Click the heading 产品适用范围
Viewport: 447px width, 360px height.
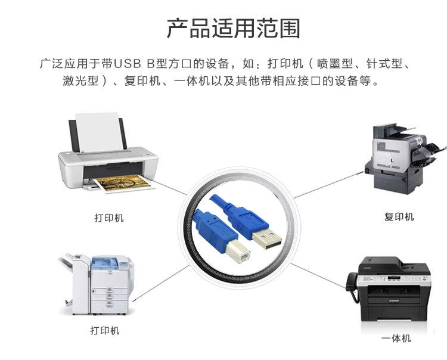[232, 29]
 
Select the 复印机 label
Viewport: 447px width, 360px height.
[399, 216]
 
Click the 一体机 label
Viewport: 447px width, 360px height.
[396, 339]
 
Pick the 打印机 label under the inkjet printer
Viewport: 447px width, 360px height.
[109, 218]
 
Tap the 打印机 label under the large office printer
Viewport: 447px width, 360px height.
[105, 330]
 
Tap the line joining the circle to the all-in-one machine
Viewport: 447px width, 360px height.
[319, 271]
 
